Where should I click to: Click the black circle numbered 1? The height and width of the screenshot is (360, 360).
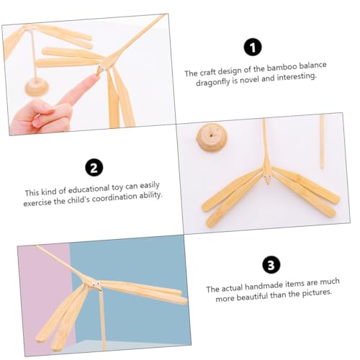pos(253,48)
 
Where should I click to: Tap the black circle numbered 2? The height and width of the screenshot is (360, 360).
pos(94,167)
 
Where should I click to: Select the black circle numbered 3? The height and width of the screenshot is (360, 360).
pos(271,265)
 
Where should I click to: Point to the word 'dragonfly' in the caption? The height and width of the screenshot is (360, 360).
pos(212,82)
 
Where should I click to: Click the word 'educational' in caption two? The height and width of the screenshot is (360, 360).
pos(89,189)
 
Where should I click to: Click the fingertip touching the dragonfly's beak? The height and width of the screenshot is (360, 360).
pos(94,77)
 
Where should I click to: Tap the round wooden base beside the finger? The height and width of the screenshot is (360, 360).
pos(37,87)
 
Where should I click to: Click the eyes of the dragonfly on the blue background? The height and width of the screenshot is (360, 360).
pos(96,284)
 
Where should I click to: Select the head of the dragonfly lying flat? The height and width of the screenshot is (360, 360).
pos(267,179)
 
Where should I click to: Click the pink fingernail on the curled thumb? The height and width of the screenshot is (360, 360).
pos(37,121)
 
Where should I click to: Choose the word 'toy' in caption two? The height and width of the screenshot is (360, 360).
pos(117,188)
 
